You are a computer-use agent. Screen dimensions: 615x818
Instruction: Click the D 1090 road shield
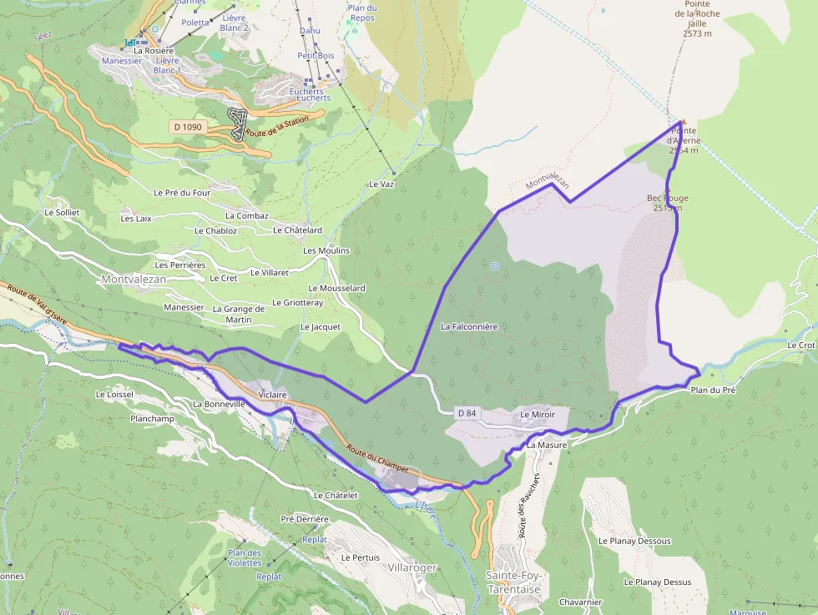click(187, 127)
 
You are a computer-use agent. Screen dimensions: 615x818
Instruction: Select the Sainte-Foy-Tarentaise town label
click(513, 582)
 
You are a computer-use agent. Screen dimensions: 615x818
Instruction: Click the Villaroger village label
click(412, 567)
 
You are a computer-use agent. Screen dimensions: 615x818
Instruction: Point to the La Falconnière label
click(469, 327)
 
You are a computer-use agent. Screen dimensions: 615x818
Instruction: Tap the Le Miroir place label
click(537, 414)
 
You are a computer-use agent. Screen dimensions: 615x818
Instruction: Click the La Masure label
click(547, 446)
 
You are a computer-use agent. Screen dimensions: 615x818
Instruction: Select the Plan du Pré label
click(713, 390)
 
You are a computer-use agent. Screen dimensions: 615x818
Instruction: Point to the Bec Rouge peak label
click(668, 203)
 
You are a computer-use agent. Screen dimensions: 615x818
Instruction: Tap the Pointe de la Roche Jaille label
click(697, 18)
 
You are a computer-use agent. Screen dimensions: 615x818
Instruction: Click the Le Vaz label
click(381, 184)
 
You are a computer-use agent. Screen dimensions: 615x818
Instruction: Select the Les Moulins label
click(326, 250)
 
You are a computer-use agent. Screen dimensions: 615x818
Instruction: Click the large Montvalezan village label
click(134, 280)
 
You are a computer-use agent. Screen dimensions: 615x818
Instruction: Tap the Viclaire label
click(273, 395)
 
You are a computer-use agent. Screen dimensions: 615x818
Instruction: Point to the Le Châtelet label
click(336, 495)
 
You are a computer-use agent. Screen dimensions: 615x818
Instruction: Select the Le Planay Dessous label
click(634, 541)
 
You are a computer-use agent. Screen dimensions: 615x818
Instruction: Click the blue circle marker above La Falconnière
click(495, 266)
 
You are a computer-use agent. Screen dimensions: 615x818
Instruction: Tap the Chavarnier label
click(581, 602)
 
